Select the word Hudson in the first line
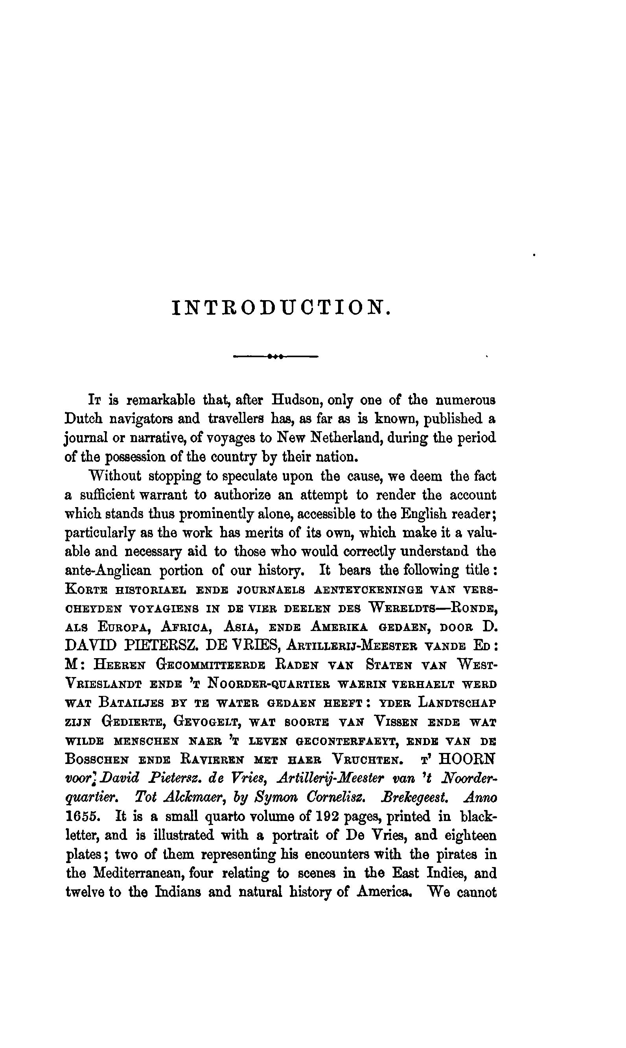pyautogui.click(x=297, y=400)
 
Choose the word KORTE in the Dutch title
pyautogui.click(x=83, y=590)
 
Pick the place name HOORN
pyautogui.click(x=468, y=760)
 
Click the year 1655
pyautogui.click(x=83, y=817)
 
